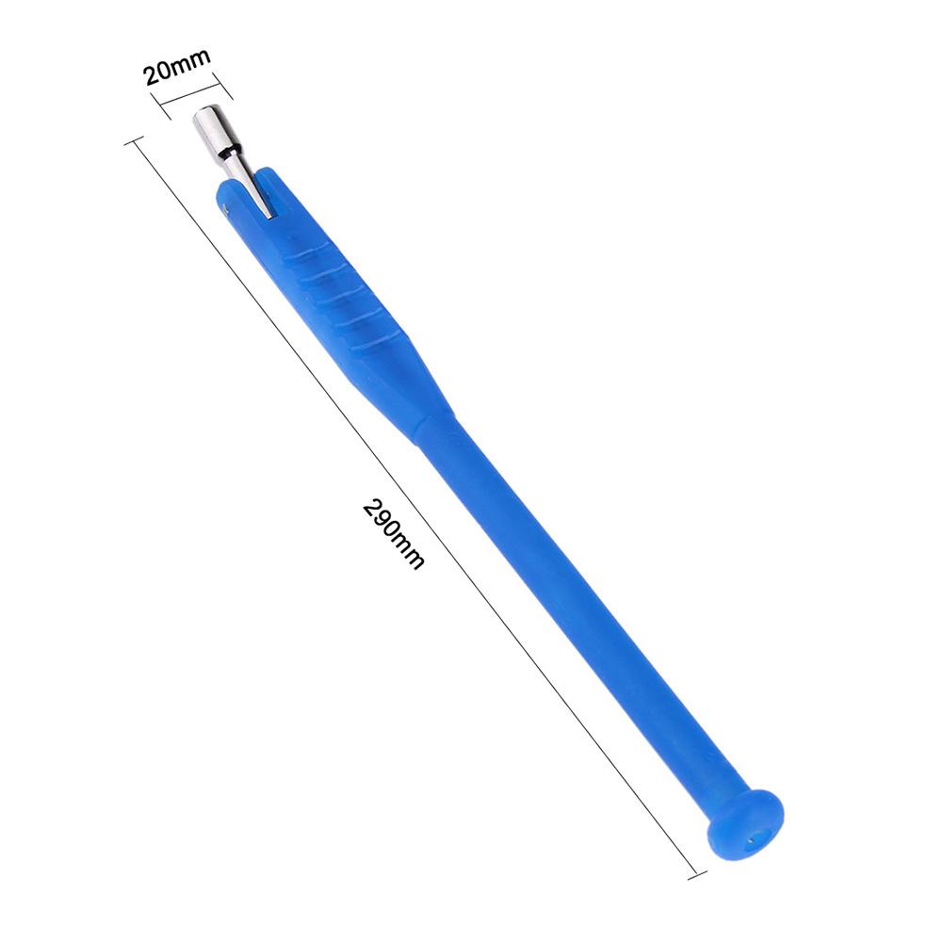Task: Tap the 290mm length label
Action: tap(393, 534)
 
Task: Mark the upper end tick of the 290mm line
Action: tap(133, 143)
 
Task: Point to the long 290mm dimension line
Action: tap(415, 509)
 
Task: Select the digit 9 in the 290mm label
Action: tap(386, 526)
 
